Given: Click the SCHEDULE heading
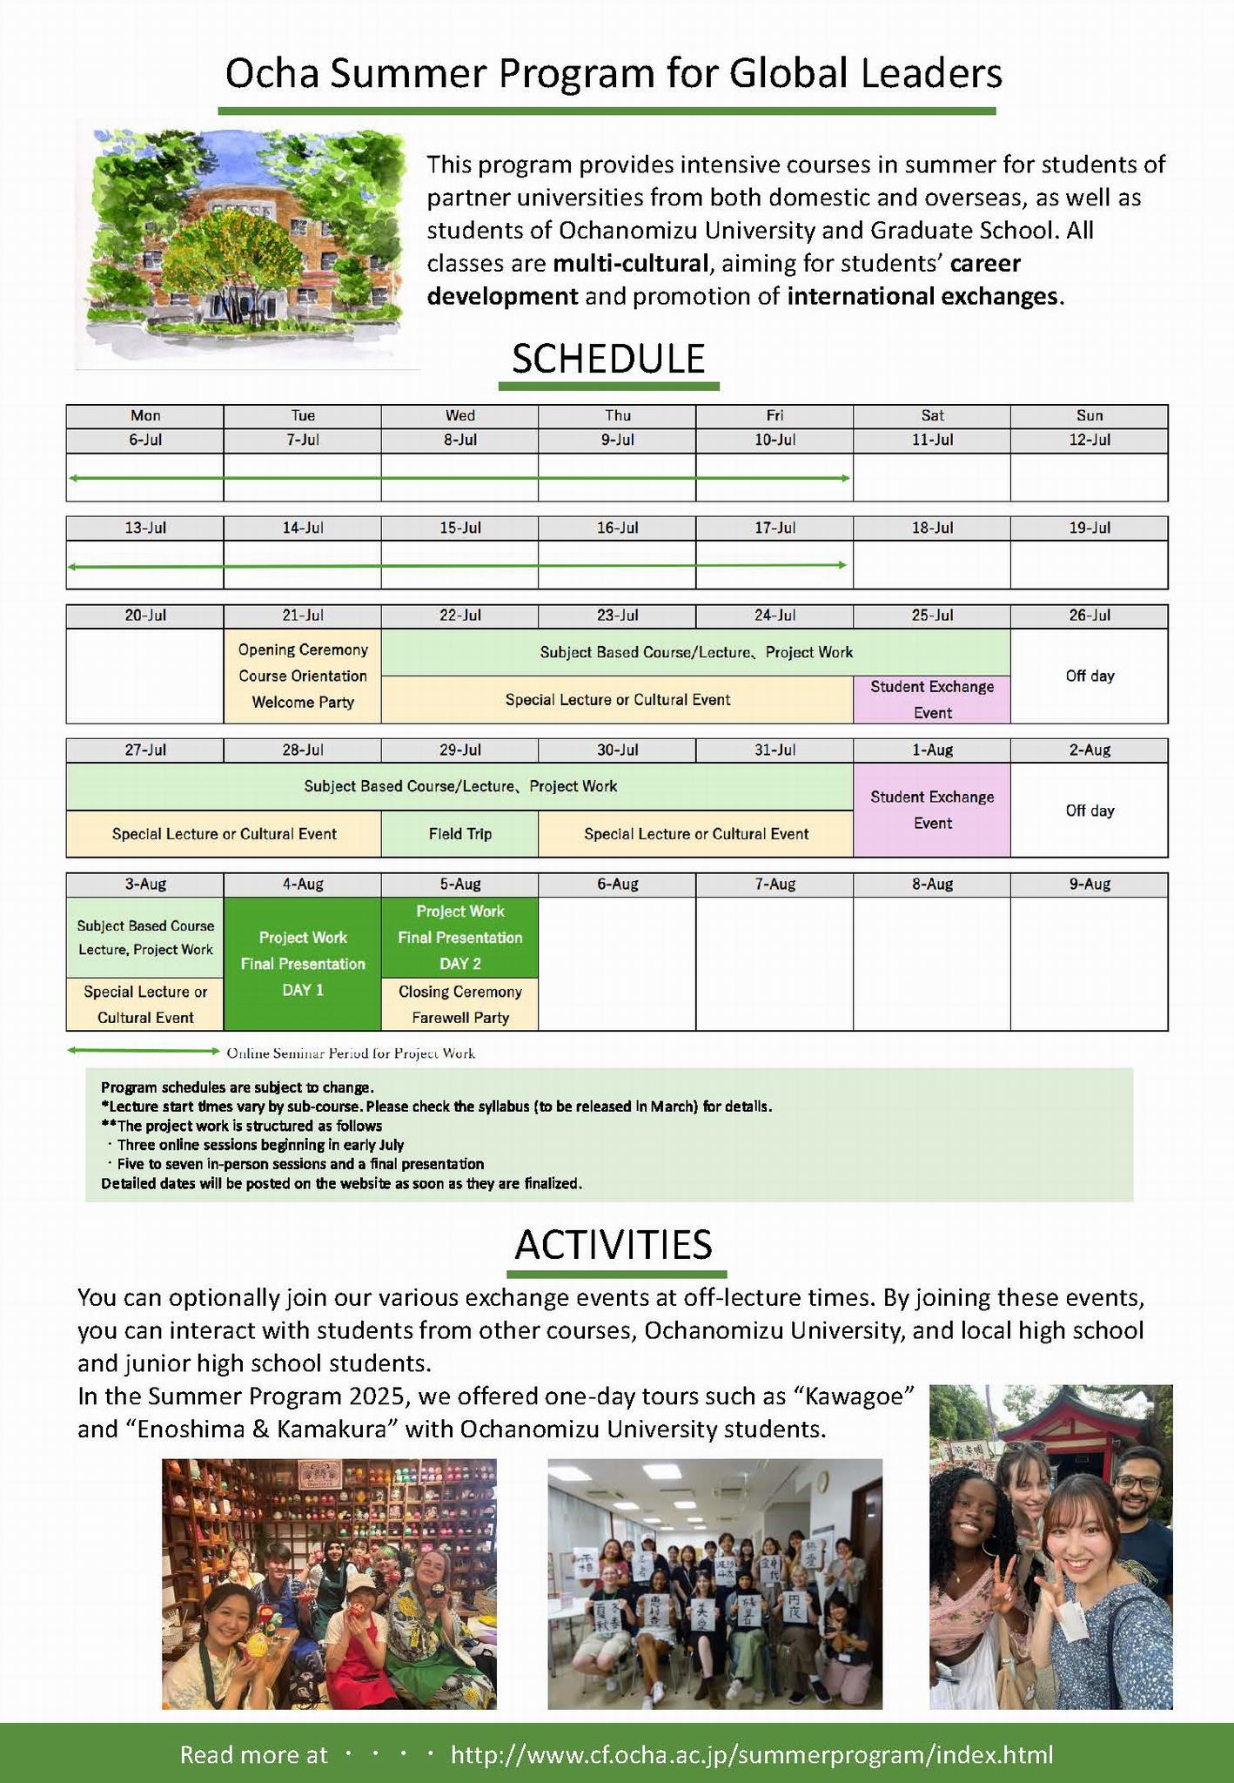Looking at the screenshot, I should [608, 359].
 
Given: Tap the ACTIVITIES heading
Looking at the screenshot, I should [614, 1244].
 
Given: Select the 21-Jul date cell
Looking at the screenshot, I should [303, 616].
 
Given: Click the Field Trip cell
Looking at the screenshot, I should [459, 834].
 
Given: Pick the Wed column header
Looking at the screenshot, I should [459, 416].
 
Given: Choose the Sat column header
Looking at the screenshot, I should [932, 416].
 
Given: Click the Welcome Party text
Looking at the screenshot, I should [303, 702].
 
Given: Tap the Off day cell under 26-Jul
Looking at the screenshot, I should [1090, 676].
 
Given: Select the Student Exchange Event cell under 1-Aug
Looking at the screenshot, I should [932, 810].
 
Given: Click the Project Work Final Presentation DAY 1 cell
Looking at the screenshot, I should [303, 963].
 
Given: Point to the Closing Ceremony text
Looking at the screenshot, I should [459, 992].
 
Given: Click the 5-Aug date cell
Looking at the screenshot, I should [459, 885].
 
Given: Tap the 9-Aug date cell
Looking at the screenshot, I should [1090, 885].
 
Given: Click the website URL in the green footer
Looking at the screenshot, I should [751, 1754].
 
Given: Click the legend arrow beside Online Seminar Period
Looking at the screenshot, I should [144, 1052].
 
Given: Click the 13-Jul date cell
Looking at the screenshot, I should [145, 528].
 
